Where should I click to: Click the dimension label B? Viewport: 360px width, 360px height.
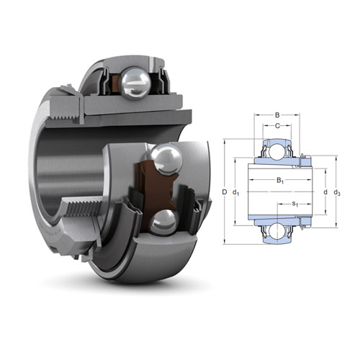[x=278, y=114]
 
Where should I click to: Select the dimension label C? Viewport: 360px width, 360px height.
[x=278, y=126]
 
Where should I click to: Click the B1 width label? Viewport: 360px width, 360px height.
[x=280, y=181]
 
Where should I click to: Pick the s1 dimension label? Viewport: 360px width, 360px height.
[x=295, y=204]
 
